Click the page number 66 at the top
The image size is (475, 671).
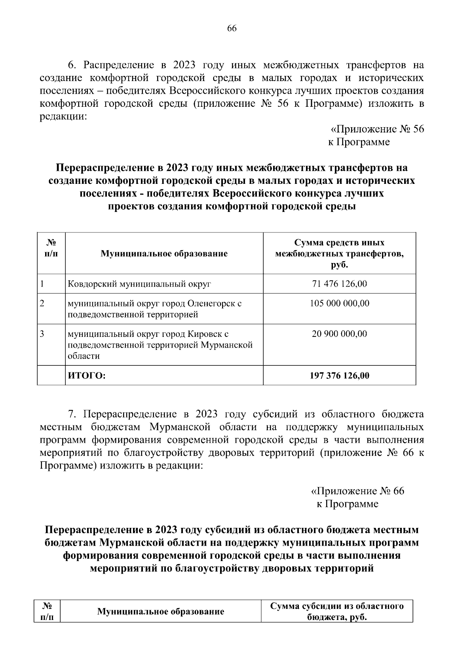[x=232, y=28]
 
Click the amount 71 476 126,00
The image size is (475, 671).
[x=339, y=284]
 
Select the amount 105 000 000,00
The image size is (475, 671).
[x=339, y=303]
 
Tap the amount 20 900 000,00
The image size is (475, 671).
[x=339, y=334]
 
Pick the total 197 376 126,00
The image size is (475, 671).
[x=339, y=375]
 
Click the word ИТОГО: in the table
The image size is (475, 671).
[x=87, y=375]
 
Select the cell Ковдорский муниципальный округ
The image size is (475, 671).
[x=139, y=284]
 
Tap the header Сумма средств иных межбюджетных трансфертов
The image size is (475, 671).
[x=339, y=253]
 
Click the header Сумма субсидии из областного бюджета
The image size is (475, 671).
[x=337, y=611]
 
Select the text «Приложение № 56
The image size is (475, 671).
[x=377, y=129]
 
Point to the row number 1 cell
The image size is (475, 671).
[x=42, y=284]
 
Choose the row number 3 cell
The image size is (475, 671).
[x=42, y=334]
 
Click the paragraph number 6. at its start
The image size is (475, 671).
[x=72, y=65]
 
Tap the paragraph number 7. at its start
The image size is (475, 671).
[x=72, y=414]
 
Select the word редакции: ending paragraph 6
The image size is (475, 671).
[x=63, y=117]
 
